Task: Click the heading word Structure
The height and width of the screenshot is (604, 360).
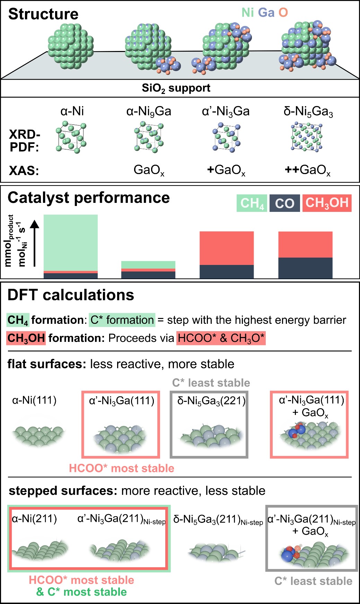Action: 43,14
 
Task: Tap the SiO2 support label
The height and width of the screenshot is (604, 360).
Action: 176,88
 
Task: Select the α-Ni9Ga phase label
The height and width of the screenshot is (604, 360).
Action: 149,111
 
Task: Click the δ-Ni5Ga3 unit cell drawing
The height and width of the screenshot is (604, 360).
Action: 307,137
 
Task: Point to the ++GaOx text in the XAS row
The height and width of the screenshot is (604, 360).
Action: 307,170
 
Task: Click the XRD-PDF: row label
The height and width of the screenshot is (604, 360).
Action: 25,141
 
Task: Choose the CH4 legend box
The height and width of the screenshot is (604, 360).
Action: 252,203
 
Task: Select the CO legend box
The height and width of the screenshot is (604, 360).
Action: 284,203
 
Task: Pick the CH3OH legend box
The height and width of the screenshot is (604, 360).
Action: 327,203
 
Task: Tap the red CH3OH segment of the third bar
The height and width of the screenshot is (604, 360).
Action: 227,248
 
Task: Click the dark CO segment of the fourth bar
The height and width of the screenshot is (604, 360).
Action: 305,268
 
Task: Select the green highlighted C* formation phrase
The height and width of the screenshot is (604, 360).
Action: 122,320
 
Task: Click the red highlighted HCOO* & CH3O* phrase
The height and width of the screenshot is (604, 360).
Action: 221,338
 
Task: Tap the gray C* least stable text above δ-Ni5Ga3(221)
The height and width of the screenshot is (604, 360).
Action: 211,383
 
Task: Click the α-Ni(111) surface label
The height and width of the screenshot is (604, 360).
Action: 34,400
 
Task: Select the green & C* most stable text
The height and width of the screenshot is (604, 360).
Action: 81,592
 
